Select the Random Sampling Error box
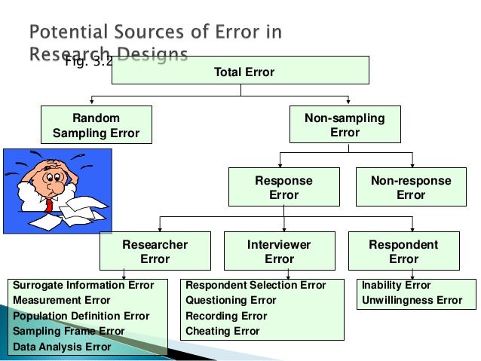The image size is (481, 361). tap(96, 125)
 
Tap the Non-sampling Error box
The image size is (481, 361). tap(345, 125)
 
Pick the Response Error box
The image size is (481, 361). tap(283, 188)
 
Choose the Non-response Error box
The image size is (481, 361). tap(411, 188)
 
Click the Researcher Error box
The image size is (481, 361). tap(155, 252)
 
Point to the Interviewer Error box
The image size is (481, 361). tap(280, 252)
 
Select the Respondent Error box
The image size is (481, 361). tap(403, 252)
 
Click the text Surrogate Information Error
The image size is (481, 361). tap(84, 286)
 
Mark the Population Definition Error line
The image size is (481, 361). tap(81, 316)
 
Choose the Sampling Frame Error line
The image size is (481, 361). tap(69, 331)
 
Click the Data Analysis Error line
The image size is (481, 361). tap(63, 347)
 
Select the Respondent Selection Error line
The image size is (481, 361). tap(256, 286)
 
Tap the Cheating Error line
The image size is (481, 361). tap(222, 331)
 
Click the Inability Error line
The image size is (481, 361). tap(397, 286)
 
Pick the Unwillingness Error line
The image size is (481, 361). tap(412, 301)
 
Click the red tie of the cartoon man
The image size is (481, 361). tap(49, 203)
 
